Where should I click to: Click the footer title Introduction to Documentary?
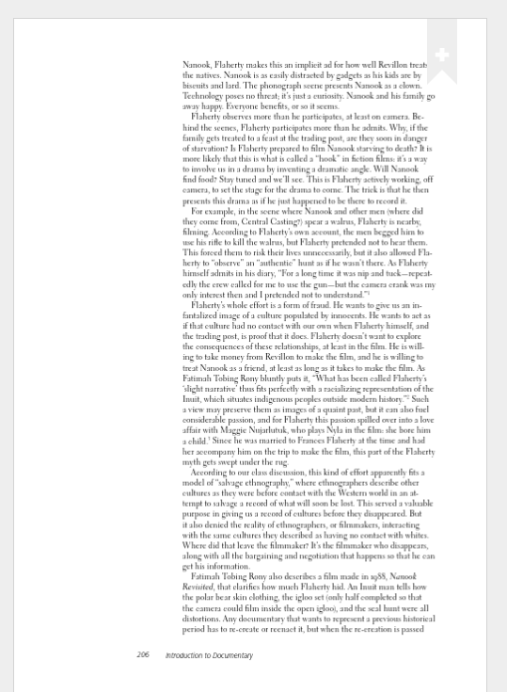pyautogui.click(x=208, y=654)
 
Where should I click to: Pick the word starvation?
pyautogui.click(x=206, y=149)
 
